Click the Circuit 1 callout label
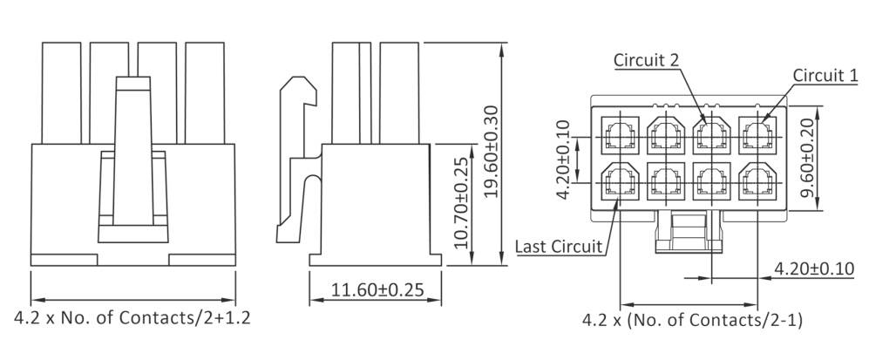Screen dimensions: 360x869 point(824,76)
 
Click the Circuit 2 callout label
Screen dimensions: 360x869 point(646,59)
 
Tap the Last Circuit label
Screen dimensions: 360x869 point(559,247)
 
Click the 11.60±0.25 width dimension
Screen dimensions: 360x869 point(377,289)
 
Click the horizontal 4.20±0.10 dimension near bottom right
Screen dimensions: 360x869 point(813,268)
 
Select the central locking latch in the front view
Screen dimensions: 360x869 point(132,157)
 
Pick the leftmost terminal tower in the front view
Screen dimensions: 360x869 point(61,92)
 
